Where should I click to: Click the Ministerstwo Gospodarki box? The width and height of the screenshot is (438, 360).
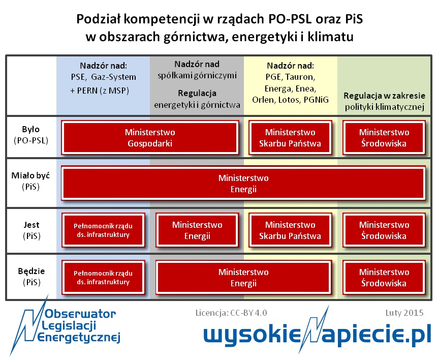coord(150,137)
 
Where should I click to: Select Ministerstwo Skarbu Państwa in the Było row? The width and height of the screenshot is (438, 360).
coord(290,137)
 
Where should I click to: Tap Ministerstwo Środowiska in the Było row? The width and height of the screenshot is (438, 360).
coord(384,137)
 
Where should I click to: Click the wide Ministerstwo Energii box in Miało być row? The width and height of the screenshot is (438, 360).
coord(243,184)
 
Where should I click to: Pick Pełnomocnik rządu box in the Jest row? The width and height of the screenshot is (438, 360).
coord(103,230)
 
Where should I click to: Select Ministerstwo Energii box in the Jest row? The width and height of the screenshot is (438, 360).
coord(197,230)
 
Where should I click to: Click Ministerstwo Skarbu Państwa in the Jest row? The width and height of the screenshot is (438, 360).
coord(290,230)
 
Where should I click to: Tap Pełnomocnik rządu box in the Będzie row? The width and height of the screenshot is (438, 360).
coord(103,277)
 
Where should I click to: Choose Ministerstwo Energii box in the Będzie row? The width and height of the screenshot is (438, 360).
coord(243,277)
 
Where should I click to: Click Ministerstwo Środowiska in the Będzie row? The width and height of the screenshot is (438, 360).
coord(384,277)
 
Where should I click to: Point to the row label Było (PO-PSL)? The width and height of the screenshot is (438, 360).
coord(31,135)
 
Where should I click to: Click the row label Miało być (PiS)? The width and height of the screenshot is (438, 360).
coord(30,181)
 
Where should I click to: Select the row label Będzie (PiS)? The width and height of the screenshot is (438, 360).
coord(32,277)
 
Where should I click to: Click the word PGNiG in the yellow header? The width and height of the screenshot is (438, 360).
coord(316,100)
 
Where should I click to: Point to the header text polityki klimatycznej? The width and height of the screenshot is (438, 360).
coord(384,107)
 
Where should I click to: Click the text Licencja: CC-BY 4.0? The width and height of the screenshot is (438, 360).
coord(231,313)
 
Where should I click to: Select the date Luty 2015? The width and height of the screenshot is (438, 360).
coord(404,313)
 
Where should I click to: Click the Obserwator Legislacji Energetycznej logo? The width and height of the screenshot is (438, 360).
coord(66,325)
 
